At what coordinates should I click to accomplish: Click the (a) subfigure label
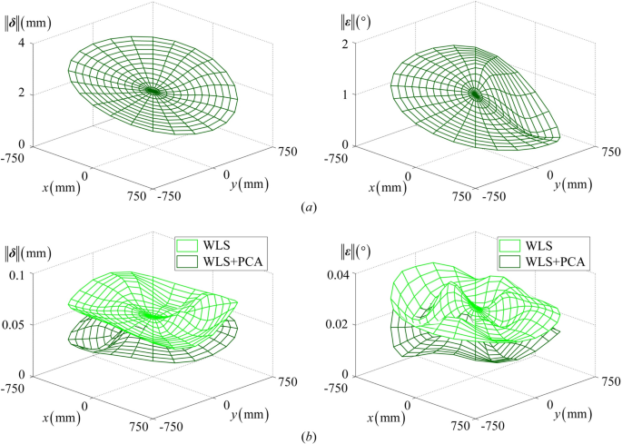(311, 207)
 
